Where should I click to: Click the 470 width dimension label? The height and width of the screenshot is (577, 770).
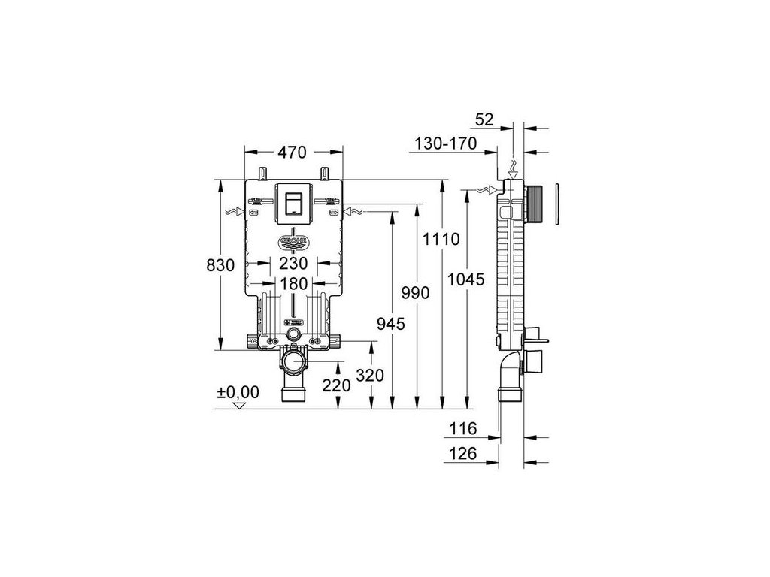point(293,152)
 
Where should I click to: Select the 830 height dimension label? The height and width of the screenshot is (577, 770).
point(220,265)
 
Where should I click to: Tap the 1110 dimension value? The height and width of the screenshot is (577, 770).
point(441,240)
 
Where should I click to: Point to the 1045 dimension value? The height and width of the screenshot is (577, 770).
point(465,279)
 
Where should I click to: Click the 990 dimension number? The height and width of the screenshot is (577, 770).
point(415,293)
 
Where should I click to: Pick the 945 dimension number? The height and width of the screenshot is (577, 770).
point(391,323)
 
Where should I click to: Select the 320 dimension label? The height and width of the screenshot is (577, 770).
point(370,376)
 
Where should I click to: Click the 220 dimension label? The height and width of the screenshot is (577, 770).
point(336,385)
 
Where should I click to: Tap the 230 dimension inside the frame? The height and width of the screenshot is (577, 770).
point(293,264)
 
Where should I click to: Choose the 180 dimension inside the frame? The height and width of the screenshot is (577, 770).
point(293,283)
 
